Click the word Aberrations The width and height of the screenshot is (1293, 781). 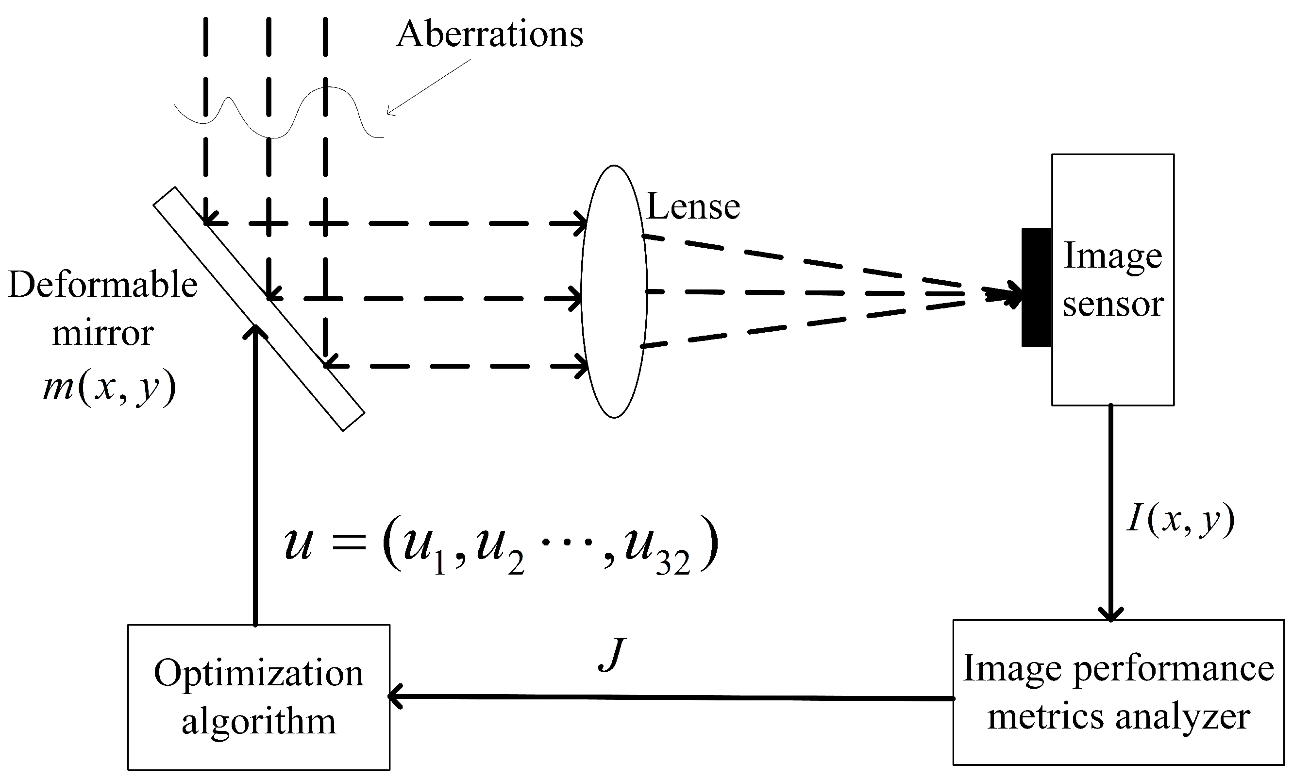point(489,34)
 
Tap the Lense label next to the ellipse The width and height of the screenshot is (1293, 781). point(693,206)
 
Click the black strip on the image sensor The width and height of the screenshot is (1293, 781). point(1037,288)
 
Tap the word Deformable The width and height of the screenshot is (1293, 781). point(103,286)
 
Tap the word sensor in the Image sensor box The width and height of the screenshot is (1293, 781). point(1113,305)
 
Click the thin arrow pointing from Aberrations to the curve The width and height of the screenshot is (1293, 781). point(428,87)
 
